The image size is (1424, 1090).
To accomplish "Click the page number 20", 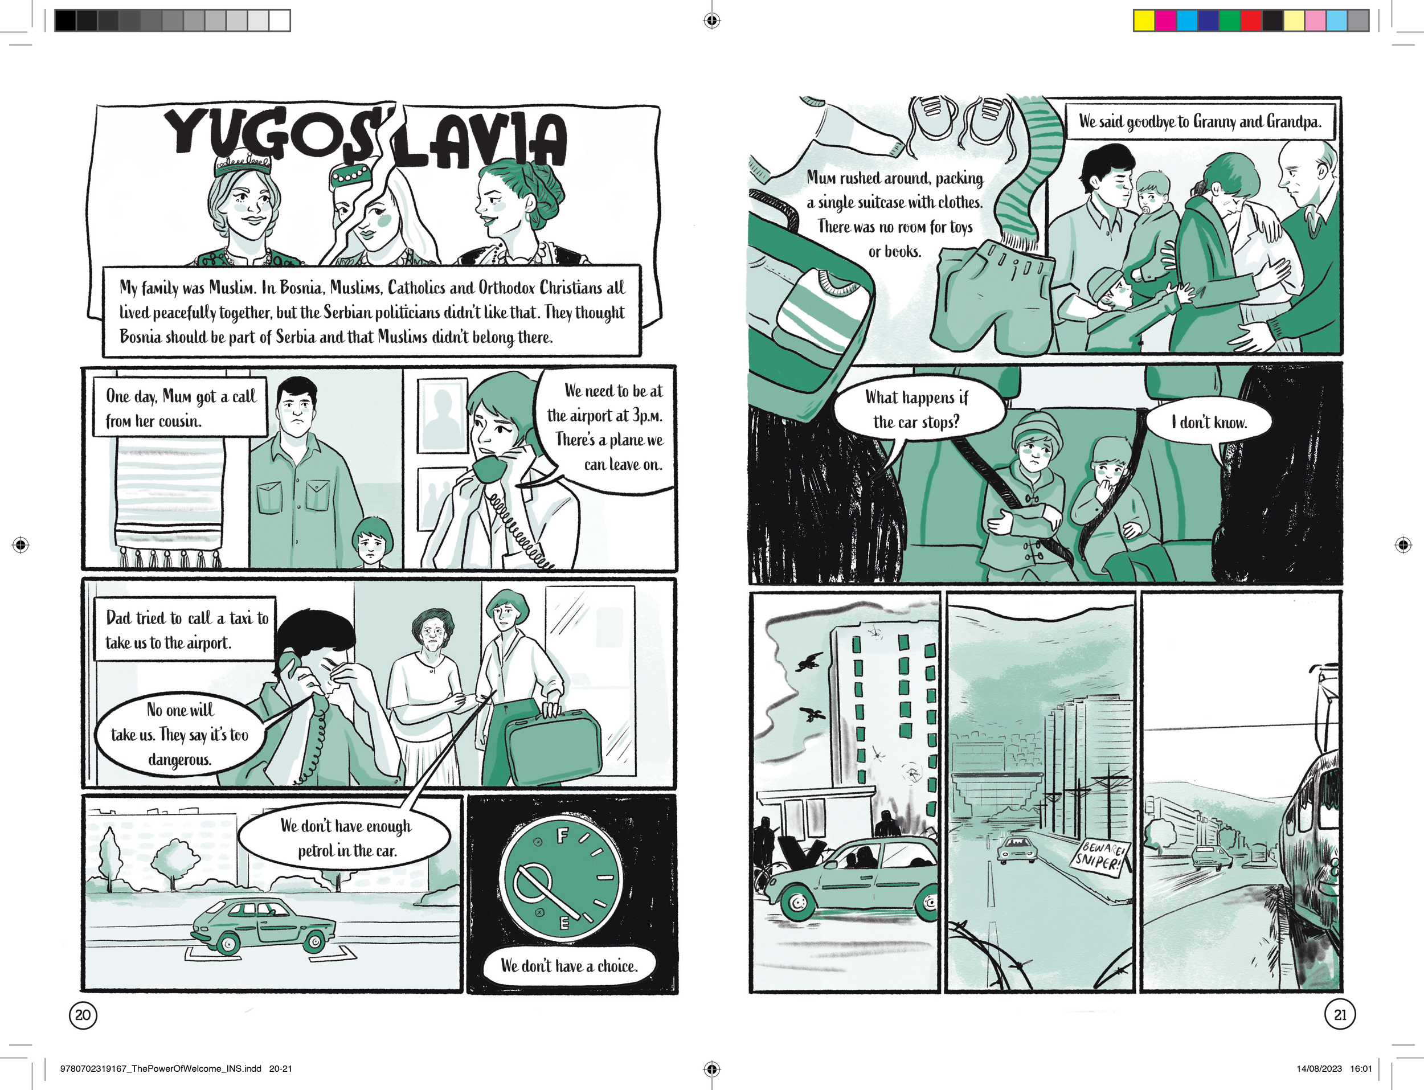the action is tap(83, 1015).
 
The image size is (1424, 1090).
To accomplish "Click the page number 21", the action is tap(1340, 1015).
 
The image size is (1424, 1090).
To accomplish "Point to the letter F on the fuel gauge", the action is tap(562, 835).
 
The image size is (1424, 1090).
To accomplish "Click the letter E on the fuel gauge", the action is tap(564, 923).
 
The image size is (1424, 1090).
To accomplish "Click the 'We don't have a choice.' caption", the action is tap(569, 966).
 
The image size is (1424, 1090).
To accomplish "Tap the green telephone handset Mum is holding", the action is tap(489, 469).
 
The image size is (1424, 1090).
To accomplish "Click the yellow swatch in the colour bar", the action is tap(1144, 20).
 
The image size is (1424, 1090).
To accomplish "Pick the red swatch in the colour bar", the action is tap(1251, 20).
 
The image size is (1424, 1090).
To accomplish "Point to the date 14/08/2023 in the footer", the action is tap(1319, 1068).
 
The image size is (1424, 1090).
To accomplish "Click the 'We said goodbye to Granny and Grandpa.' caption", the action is tap(1200, 121).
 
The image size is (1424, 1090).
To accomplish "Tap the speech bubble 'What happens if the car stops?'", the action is tap(916, 410).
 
